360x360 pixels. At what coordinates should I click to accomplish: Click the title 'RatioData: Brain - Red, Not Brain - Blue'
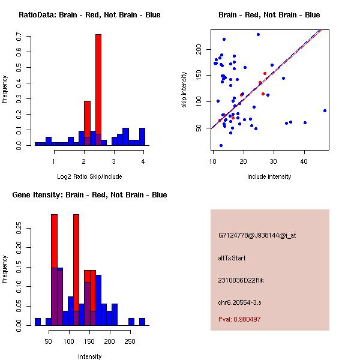(x=89, y=15)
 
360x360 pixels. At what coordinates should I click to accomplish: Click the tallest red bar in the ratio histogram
(x=98, y=90)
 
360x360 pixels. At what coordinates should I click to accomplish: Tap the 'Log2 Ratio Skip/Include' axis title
(x=89, y=176)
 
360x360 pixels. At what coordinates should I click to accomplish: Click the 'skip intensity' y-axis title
(x=185, y=90)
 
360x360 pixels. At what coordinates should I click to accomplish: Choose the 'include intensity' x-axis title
(x=269, y=176)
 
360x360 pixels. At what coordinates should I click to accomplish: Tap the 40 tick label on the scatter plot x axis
(x=304, y=161)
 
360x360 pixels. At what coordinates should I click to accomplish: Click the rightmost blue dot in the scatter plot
(x=325, y=110)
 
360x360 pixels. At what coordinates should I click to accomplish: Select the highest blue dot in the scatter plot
(x=258, y=34)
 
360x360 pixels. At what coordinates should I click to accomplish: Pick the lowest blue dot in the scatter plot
(x=221, y=145)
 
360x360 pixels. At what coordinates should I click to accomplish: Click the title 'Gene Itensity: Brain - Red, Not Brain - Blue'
(x=89, y=195)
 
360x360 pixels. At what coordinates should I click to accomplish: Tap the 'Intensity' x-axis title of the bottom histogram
(x=89, y=356)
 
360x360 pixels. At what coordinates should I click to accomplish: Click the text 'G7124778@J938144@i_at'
(x=257, y=235)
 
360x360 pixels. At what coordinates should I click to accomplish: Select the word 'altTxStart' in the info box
(x=232, y=258)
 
